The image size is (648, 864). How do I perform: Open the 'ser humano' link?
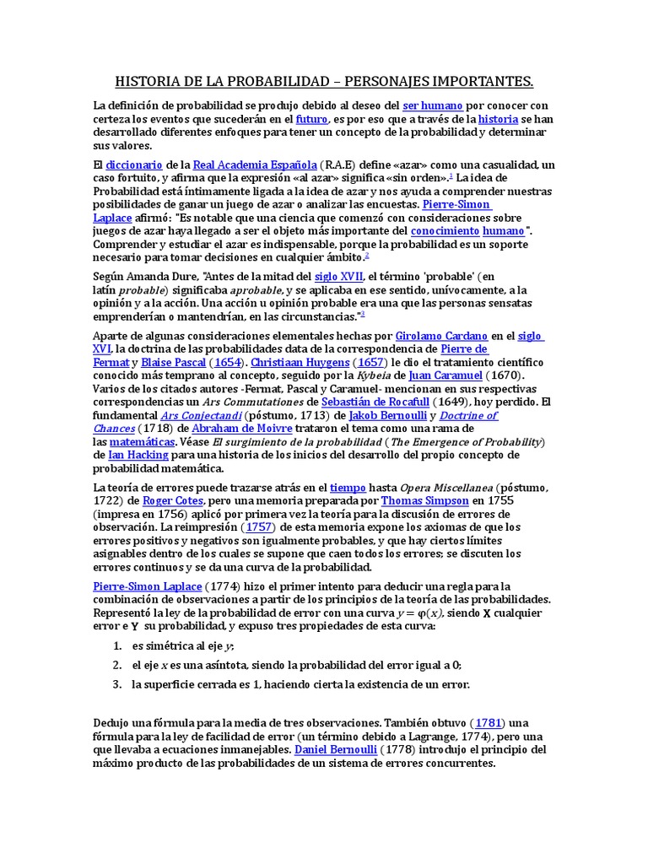click(432, 105)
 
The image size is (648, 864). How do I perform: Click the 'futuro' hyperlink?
click(311, 119)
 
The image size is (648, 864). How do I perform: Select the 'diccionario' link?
click(134, 164)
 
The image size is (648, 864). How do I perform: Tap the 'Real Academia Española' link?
click(255, 164)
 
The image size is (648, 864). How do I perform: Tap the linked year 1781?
click(489, 722)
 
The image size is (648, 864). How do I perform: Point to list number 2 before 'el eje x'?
click(116, 665)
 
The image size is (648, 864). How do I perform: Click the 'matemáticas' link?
click(142, 441)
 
